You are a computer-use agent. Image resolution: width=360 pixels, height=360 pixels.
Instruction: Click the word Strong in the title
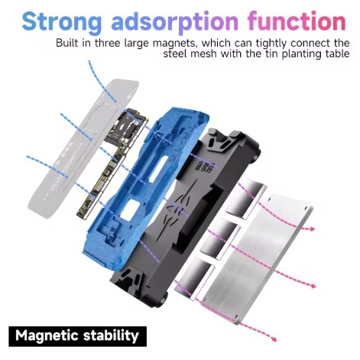(x=62, y=22)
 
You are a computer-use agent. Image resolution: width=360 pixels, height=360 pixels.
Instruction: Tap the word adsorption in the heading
(x=175, y=22)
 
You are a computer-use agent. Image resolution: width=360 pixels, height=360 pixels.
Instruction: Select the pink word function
(x=297, y=21)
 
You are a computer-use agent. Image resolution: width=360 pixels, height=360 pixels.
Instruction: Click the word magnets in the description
(x=175, y=43)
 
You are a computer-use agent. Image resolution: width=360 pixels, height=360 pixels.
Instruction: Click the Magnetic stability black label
(x=77, y=336)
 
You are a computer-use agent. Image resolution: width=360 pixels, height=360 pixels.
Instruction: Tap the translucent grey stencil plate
(x=84, y=148)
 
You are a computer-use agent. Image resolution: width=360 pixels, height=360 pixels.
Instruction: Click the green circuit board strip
(x=112, y=163)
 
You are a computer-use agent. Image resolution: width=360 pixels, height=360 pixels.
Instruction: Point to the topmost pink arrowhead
(x=312, y=229)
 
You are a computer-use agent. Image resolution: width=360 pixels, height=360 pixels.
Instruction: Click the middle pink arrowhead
(x=313, y=286)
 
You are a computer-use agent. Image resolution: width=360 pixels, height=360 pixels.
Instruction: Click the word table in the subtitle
(x=336, y=54)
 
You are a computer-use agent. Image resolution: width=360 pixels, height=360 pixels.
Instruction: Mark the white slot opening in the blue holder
(x=158, y=169)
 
